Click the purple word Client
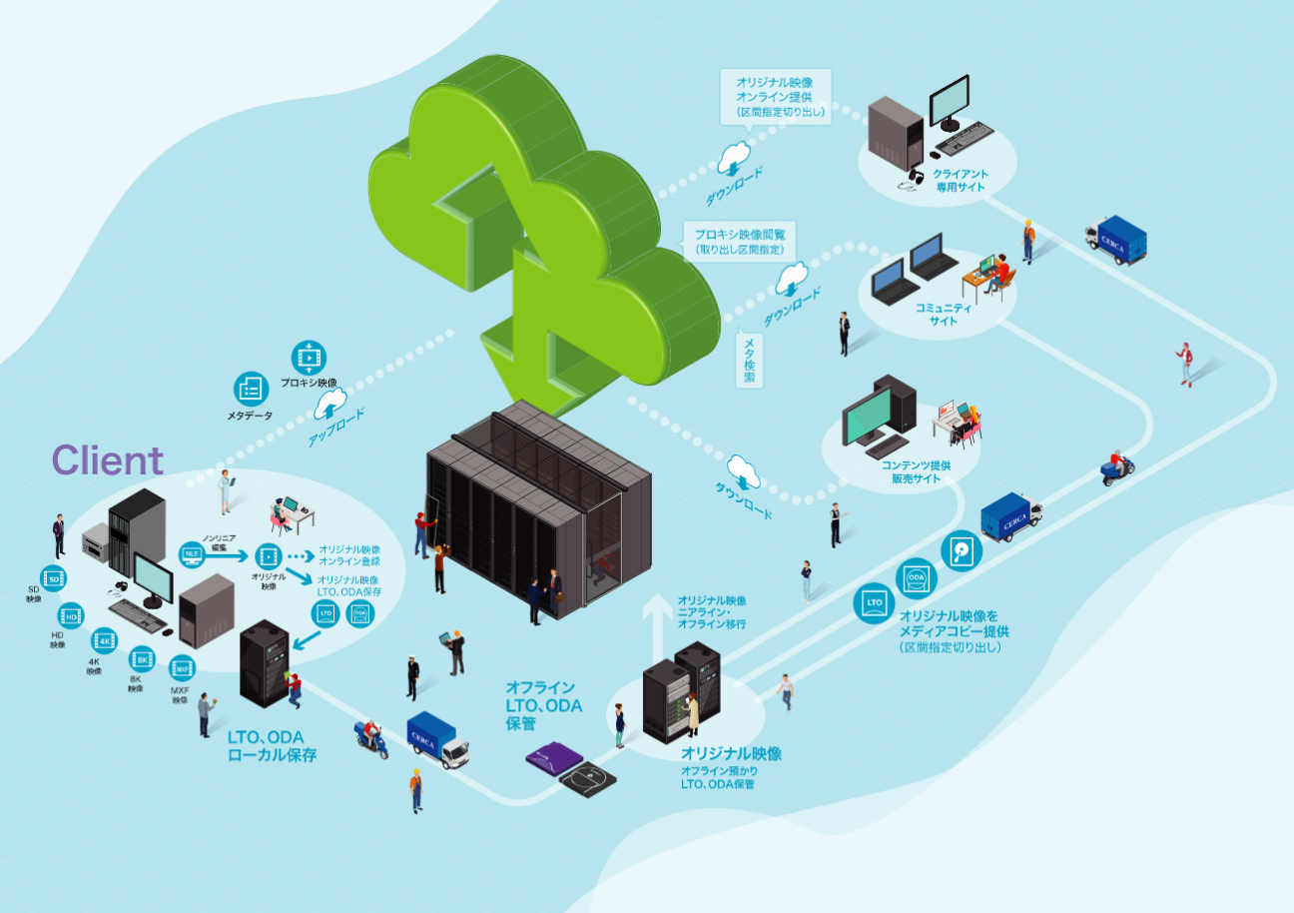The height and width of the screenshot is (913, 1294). pos(107,460)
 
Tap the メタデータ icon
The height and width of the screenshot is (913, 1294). pos(250,389)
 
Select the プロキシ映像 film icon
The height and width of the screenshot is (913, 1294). pos(309,357)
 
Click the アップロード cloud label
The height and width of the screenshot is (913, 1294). pos(330,405)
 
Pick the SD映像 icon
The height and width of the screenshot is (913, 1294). pos(55,578)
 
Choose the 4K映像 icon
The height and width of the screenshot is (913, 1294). pos(104,640)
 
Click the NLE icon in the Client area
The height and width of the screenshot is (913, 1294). pos(192,552)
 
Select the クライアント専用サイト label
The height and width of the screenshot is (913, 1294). pos(960,181)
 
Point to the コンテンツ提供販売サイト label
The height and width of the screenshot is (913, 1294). pos(916,471)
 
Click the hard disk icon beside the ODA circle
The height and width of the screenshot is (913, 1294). pos(962,549)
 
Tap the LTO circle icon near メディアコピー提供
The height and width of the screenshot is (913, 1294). pos(874,602)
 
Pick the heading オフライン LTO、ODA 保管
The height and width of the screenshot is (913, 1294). pos(543,705)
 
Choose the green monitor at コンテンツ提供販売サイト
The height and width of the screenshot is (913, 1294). pos(867,418)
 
